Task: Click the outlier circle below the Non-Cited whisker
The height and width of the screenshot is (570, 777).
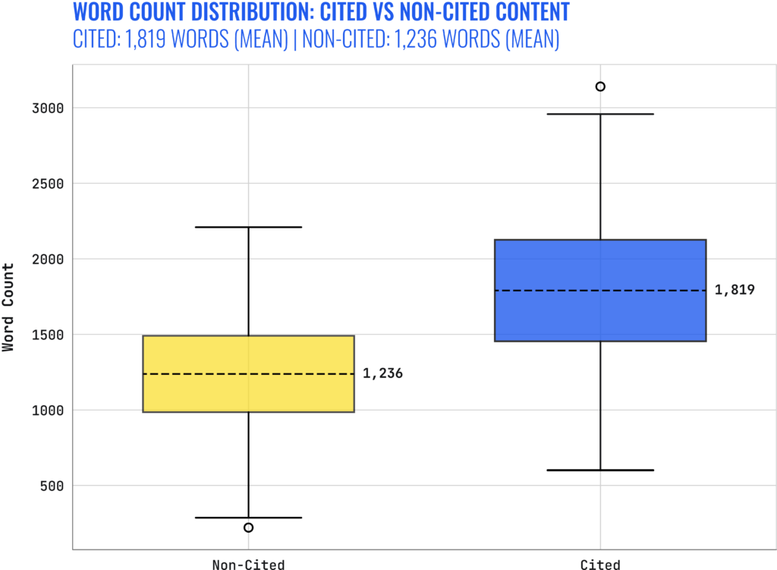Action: point(249,527)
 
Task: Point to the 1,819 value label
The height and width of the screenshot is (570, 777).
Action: point(735,290)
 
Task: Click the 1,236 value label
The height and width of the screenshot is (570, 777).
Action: point(382,373)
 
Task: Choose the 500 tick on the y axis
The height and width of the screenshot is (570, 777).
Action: point(49,486)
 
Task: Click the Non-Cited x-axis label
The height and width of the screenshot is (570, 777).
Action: point(249,564)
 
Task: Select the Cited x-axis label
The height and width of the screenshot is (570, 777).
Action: point(600,564)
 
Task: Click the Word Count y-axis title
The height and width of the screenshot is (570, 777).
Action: point(8,307)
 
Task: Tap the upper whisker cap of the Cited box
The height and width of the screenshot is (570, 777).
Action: point(600,114)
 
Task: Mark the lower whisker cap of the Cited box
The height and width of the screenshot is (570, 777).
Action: point(600,470)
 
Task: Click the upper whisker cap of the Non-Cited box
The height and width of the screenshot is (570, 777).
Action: point(249,227)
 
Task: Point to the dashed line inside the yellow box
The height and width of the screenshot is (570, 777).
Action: point(249,373)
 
